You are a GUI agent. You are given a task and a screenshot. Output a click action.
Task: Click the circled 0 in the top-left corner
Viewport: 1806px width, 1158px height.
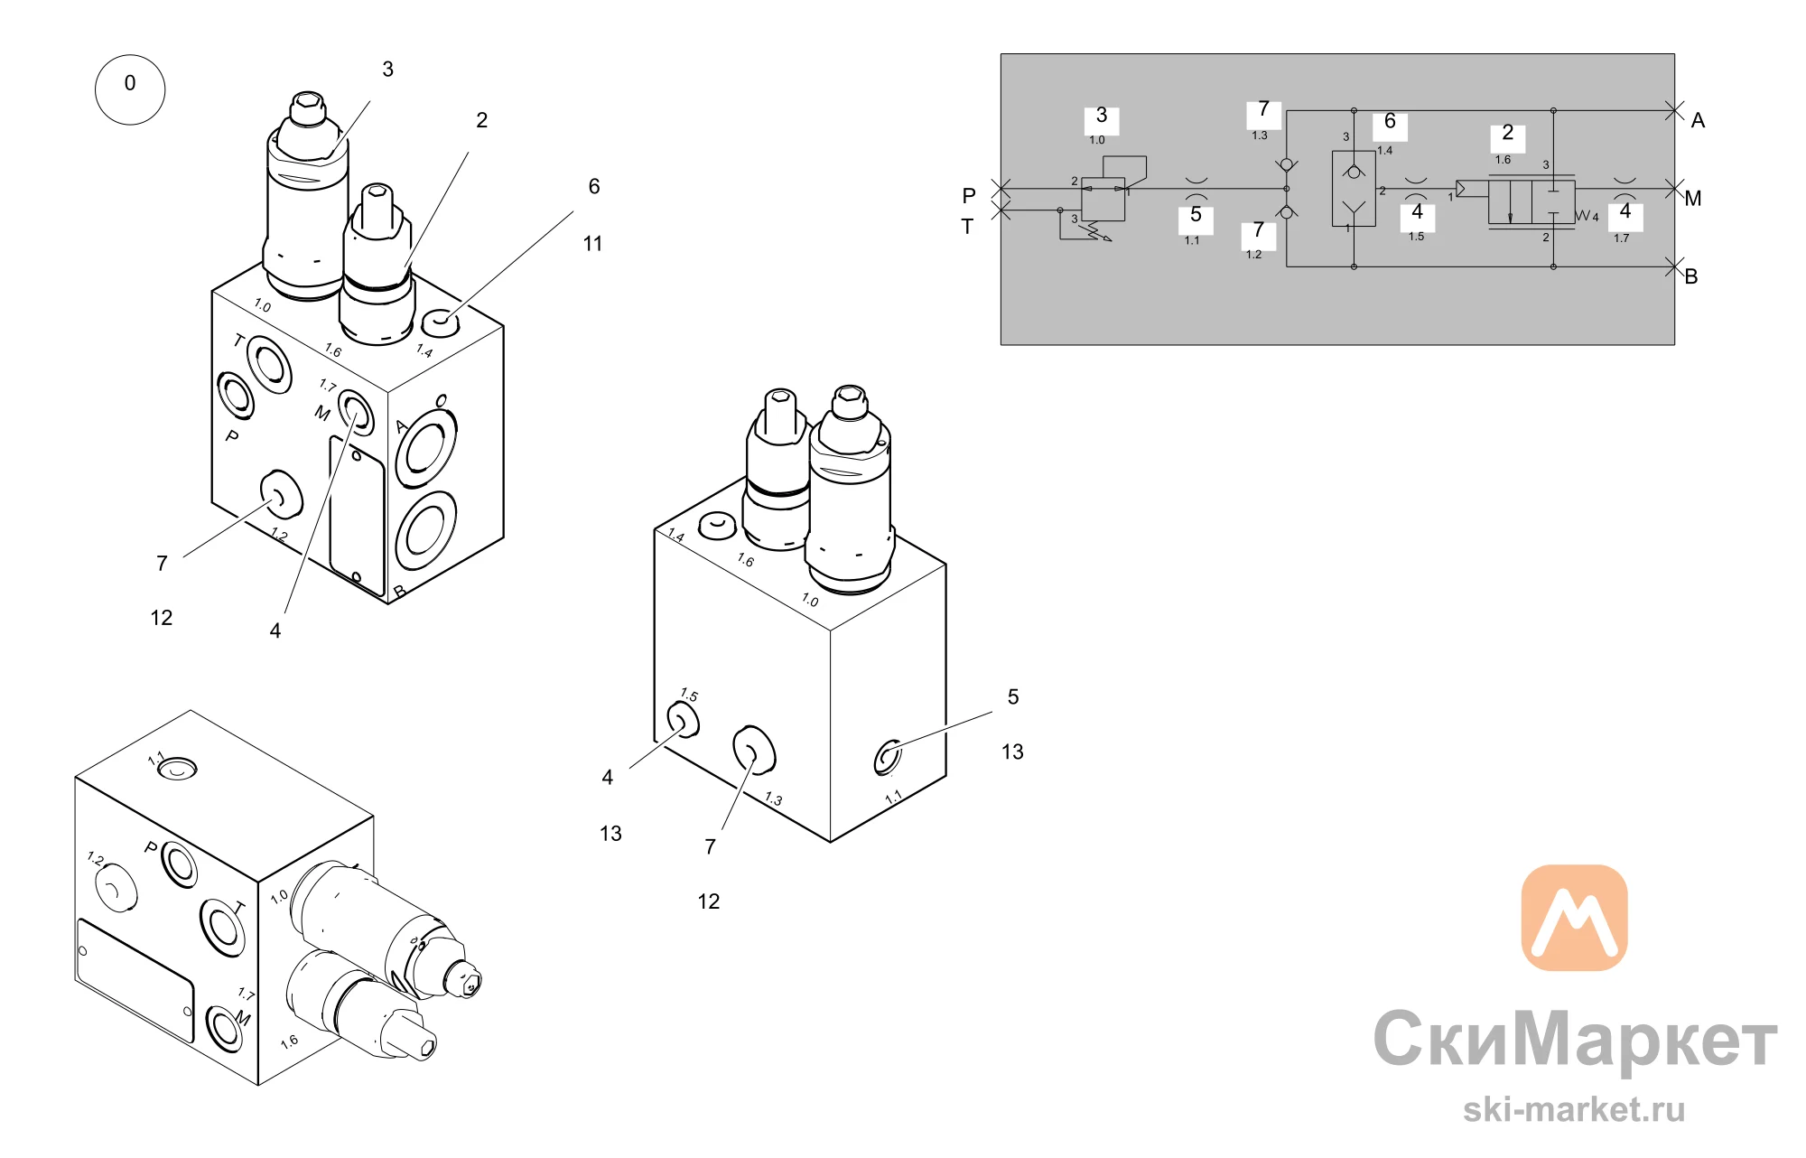coord(130,89)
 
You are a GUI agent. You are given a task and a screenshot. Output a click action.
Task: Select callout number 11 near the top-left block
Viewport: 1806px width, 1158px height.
coord(592,244)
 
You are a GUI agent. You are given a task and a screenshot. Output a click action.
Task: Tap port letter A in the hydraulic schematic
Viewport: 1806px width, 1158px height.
coord(1698,121)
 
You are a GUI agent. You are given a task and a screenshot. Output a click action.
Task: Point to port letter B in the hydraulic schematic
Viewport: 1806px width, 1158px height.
coord(1691,276)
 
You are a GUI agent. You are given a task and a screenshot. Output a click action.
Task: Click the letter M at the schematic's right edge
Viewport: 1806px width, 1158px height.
coord(1693,199)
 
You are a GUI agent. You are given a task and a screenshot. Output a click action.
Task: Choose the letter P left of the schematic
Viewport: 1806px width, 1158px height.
coord(969,196)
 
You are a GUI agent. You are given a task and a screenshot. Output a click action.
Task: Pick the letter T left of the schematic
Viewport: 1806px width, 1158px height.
coord(967,227)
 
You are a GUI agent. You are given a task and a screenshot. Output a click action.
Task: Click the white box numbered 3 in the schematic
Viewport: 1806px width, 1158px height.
coord(1102,120)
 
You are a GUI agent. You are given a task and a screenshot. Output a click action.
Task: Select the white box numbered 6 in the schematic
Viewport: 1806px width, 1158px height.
coord(1390,126)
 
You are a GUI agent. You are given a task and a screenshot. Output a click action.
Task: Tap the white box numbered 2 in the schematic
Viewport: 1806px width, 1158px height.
coord(1507,137)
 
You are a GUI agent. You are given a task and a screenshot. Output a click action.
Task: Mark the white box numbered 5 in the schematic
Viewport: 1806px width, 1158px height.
coord(1196,219)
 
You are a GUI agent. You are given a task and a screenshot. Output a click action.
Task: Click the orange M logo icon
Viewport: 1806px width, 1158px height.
coord(1574,918)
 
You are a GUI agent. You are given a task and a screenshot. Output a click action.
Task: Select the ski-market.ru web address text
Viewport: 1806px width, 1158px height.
coord(1574,1109)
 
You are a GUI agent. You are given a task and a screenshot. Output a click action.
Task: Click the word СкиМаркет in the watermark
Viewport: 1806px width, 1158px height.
coord(1576,1040)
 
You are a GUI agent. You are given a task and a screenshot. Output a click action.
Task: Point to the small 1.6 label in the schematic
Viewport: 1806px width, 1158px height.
coord(1503,160)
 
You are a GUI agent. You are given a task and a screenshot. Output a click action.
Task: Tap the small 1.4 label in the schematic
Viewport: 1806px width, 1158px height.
coord(1384,151)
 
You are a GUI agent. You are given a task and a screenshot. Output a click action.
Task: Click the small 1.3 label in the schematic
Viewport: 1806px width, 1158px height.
coord(1260,135)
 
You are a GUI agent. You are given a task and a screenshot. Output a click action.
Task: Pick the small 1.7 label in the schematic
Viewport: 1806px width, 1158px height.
coord(1622,238)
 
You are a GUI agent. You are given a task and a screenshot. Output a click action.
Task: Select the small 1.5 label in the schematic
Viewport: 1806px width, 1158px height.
coord(1416,237)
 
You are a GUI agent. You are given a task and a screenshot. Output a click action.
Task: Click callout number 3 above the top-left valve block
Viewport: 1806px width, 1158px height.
coord(388,70)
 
